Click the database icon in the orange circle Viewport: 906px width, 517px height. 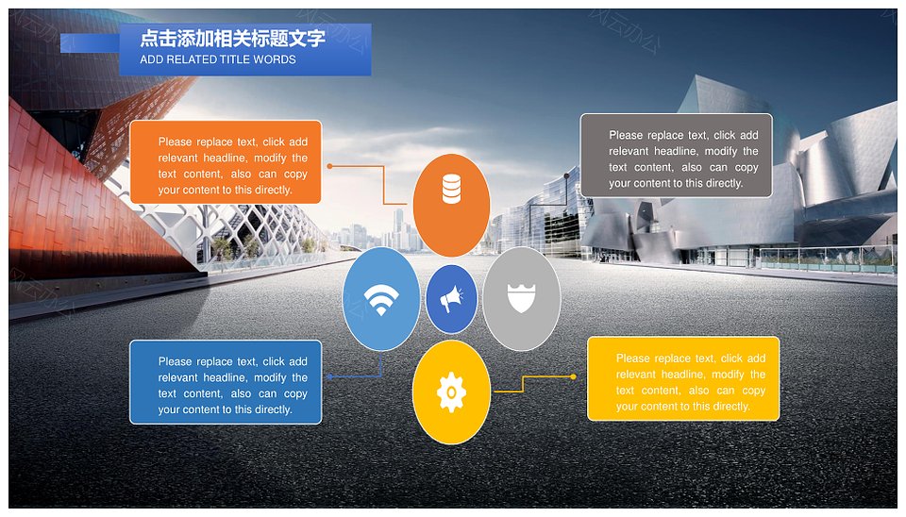(x=451, y=189)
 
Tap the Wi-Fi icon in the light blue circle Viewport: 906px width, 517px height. (x=380, y=300)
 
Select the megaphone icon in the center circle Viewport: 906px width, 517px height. (x=451, y=299)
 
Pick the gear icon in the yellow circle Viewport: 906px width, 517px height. (x=451, y=392)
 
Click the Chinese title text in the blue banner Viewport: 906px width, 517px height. (x=232, y=39)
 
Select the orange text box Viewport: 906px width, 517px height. (x=226, y=161)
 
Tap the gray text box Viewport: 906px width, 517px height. (x=676, y=156)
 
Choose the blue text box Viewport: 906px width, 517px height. (x=226, y=382)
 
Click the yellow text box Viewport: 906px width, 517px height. (x=683, y=379)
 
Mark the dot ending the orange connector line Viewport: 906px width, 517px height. (x=329, y=166)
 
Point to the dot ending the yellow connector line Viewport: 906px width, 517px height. (x=573, y=376)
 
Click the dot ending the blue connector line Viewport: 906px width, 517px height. (x=329, y=376)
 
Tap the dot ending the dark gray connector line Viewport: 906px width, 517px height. (x=567, y=175)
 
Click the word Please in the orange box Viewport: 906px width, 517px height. (x=176, y=142)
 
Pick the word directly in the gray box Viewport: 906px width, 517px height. (x=725, y=183)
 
